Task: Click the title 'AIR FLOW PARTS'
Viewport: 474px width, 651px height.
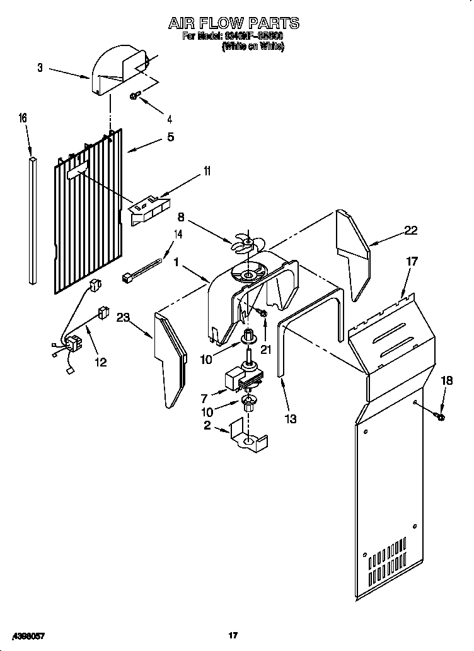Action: pos(233,23)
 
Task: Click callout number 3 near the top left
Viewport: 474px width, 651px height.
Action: pos(40,67)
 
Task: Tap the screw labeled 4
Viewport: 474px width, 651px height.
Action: pos(135,95)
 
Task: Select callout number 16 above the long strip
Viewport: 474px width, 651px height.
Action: pos(23,118)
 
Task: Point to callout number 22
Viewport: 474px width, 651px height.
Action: pos(410,230)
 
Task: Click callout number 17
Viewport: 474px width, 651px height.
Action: pos(412,261)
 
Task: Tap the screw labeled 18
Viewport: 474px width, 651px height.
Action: pos(439,415)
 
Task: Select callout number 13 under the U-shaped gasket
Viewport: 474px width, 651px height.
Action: pos(290,418)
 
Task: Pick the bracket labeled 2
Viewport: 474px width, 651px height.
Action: pos(248,437)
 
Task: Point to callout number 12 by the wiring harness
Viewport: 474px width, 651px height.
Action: pos(100,361)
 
